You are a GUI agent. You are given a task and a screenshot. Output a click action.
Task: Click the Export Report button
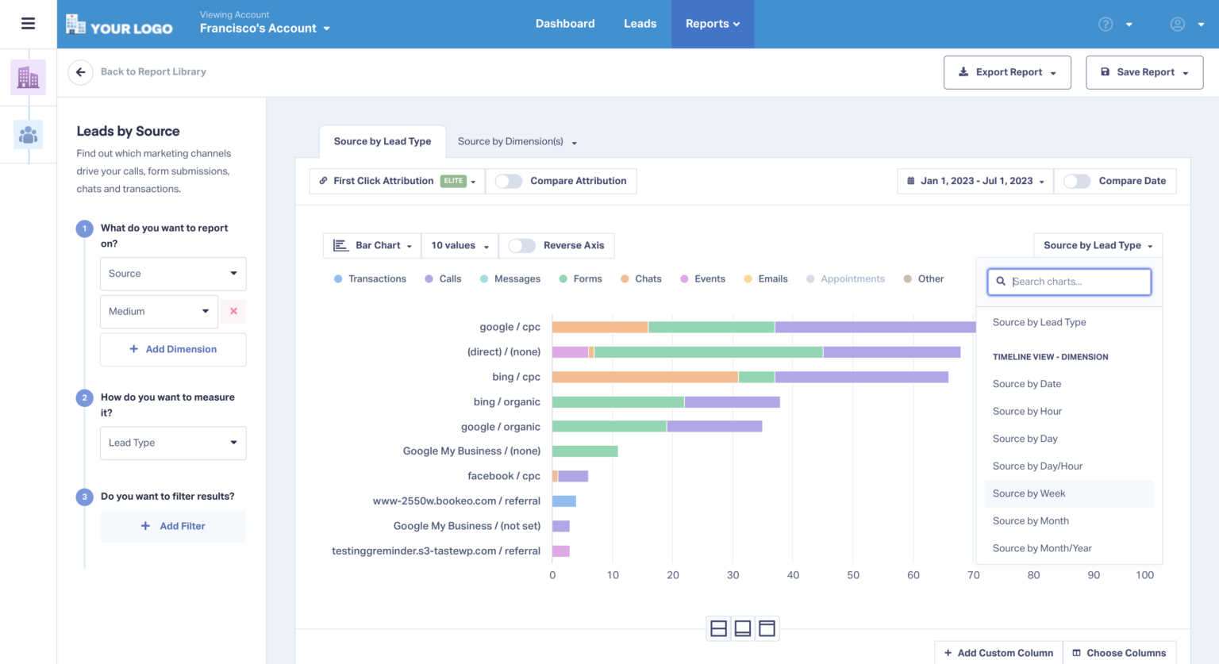(1007, 72)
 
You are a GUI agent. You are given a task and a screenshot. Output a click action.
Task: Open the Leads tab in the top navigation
(640, 24)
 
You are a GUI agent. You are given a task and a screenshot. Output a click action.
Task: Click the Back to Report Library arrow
(80, 72)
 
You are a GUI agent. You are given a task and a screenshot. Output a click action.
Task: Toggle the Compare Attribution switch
(509, 181)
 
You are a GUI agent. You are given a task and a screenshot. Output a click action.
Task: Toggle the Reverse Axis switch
(521, 246)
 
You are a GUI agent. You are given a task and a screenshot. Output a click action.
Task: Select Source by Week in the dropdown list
(1029, 493)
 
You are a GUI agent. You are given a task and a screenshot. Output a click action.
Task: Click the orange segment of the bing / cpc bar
(644, 377)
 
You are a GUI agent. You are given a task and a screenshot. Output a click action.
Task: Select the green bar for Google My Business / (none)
(585, 451)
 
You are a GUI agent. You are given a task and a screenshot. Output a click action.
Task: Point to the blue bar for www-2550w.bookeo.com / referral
(564, 501)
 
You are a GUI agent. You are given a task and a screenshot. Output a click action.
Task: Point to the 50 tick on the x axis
(853, 575)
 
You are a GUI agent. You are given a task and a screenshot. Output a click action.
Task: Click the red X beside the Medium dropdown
(233, 312)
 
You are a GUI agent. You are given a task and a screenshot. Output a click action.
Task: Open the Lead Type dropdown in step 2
(173, 443)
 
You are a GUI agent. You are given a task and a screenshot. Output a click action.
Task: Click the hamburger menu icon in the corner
(28, 24)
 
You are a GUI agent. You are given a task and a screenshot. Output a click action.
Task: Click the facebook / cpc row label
(503, 476)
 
